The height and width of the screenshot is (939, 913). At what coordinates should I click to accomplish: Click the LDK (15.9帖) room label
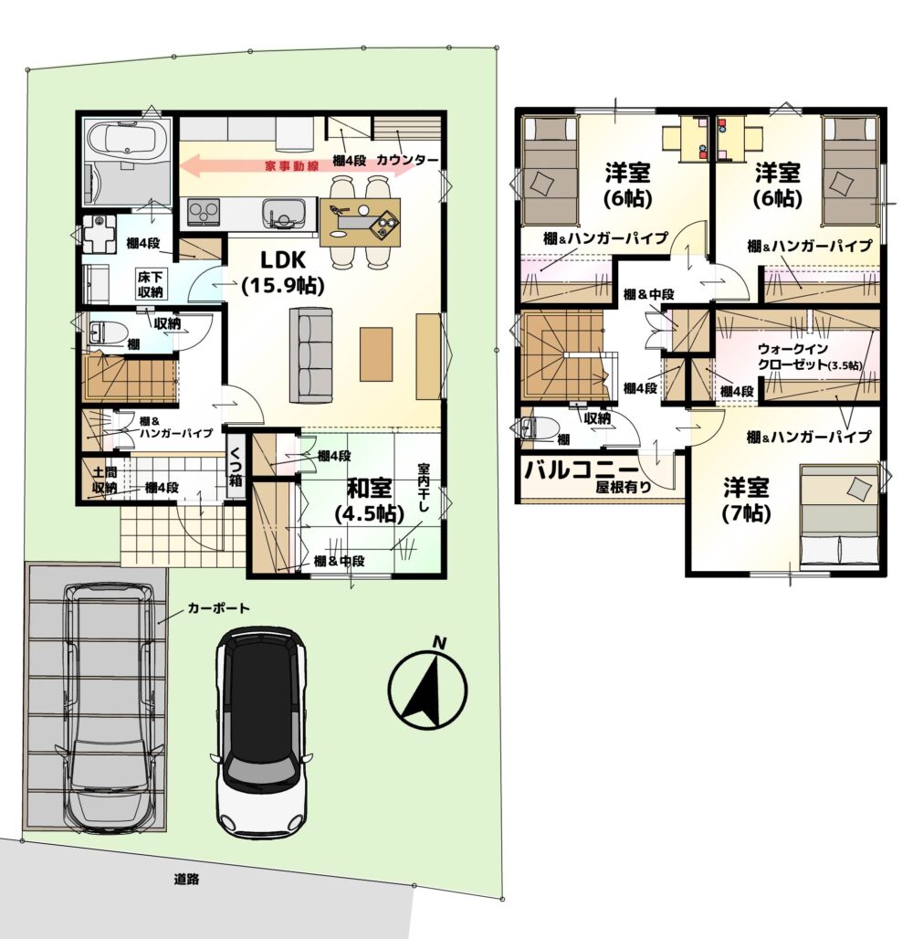click(283, 273)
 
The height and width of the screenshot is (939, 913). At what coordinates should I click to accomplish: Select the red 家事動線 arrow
click(297, 165)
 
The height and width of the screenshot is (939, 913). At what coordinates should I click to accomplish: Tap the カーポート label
click(218, 608)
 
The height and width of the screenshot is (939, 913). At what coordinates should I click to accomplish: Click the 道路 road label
click(186, 880)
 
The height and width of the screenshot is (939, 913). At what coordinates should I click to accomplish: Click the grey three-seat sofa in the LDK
click(310, 354)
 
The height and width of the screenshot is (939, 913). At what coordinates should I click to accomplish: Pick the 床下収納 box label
click(151, 284)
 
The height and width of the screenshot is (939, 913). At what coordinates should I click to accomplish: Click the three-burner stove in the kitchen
click(205, 212)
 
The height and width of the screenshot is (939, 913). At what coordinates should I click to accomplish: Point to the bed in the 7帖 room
click(839, 514)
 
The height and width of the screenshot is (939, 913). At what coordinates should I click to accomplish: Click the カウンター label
click(407, 161)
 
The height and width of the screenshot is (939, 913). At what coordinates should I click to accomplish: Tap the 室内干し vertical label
click(423, 488)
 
